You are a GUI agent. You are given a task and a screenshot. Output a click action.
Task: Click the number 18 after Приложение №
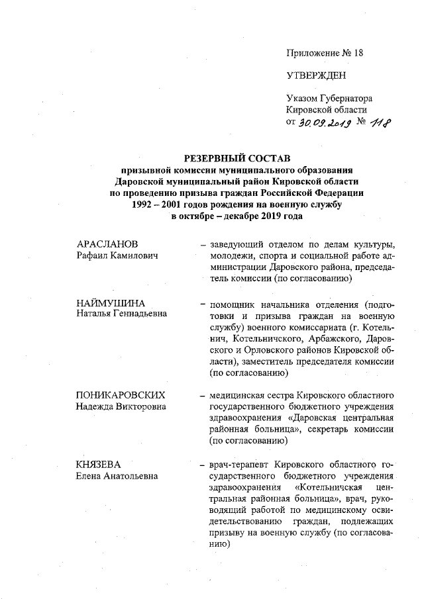click(x=358, y=52)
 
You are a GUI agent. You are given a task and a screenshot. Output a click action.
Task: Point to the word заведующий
click(x=237, y=246)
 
